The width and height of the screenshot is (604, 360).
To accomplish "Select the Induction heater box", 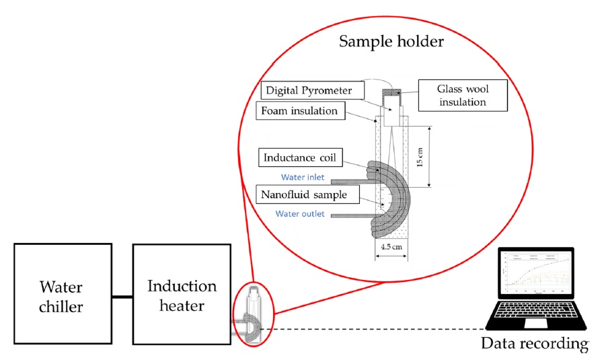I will [x=182, y=296].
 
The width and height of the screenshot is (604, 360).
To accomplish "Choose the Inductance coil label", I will [x=300, y=158].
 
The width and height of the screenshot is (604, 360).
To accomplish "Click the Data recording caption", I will [x=534, y=345].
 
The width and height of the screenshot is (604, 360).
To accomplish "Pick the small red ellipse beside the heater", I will [x=252, y=316].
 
